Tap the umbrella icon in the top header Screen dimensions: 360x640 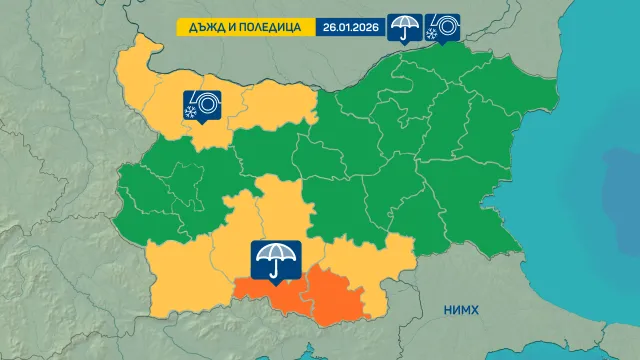click(x=404, y=27)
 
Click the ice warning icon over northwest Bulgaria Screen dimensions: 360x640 click(x=201, y=104)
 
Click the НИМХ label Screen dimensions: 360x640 click(x=461, y=311)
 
